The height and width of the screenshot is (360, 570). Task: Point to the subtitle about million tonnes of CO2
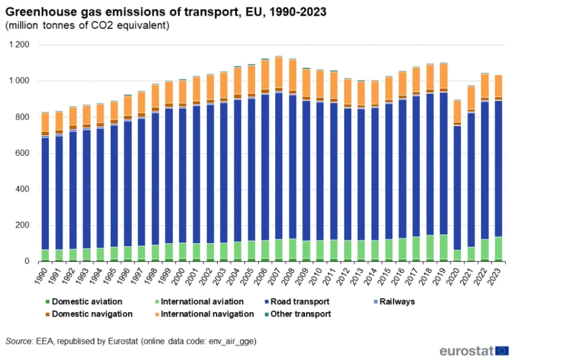[x=87, y=26]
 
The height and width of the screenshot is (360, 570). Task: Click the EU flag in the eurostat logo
[x=502, y=351]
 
